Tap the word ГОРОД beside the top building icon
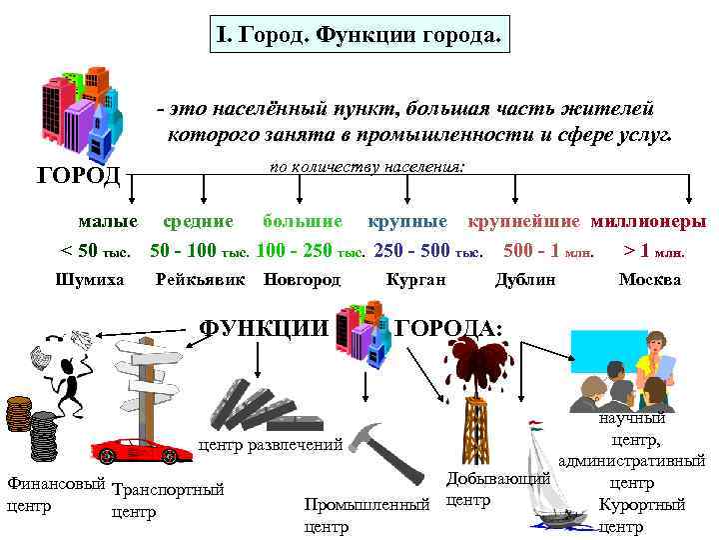[x=79, y=176]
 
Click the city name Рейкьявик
[x=201, y=280]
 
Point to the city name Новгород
[x=302, y=280]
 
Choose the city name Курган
[x=415, y=280]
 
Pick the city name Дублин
[x=525, y=280]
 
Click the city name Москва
[x=649, y=280]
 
